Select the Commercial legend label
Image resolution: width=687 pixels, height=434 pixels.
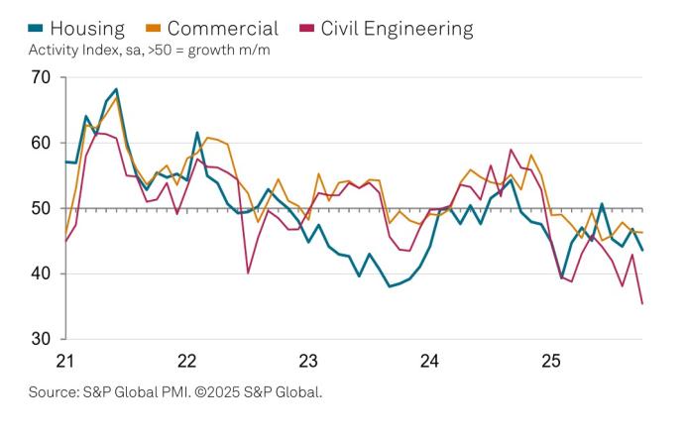pyautogui.click(x=223, y=28)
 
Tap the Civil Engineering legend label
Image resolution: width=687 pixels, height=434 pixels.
pyautogui.click(x=396, y=28)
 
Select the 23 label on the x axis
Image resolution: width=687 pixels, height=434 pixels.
pyautogui.click(x=308, y=360)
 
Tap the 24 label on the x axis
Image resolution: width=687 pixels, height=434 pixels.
pyautogui.click(x=428, y=360)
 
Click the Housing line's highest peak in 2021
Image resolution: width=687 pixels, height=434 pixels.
pyautogui.click(x=116, y=89)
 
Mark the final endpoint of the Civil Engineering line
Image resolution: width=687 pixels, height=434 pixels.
pyautogui.click(x=642, y=303)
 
